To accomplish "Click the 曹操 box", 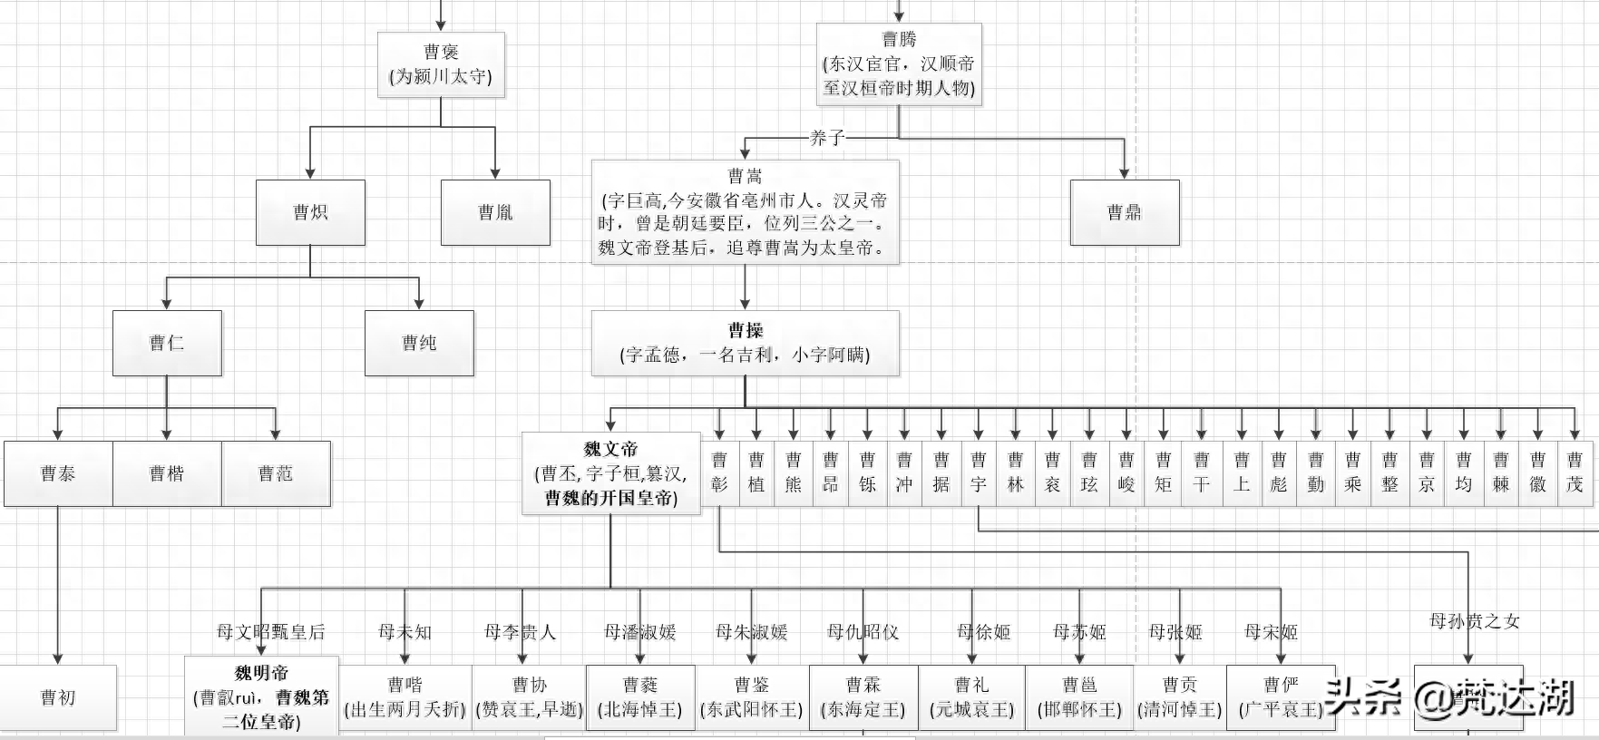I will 745,343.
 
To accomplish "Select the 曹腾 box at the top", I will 899,63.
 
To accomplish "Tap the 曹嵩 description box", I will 745,212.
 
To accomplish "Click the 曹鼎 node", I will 1125,212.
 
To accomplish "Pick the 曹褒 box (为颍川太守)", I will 441,64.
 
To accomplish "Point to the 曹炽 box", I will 310,212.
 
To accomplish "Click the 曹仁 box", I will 167,343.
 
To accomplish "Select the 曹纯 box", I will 419,343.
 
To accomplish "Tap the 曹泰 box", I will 58,473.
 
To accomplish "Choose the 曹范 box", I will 276,473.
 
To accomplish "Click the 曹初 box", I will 58,697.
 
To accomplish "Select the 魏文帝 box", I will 610,473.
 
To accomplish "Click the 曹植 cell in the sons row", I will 756,473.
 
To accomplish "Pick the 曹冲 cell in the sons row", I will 904,473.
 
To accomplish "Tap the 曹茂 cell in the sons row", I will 1575,473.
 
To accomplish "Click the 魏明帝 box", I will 261,697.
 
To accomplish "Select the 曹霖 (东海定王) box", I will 863,697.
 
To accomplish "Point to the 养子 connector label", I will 826,138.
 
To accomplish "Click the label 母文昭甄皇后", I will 270,632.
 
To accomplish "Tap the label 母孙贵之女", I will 1474,621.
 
